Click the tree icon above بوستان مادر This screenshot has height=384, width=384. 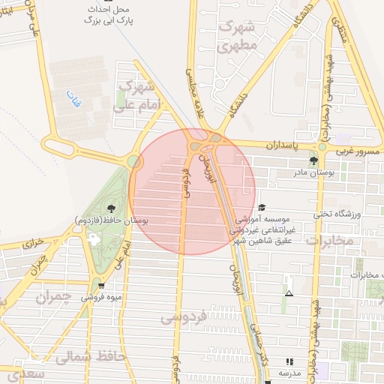coord(313,160)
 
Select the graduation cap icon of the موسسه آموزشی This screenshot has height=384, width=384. coord(261,208)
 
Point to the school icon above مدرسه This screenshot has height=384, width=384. coord(289,361)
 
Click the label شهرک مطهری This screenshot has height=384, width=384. coord(237,35)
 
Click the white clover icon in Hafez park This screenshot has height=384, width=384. coord(94,238)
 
